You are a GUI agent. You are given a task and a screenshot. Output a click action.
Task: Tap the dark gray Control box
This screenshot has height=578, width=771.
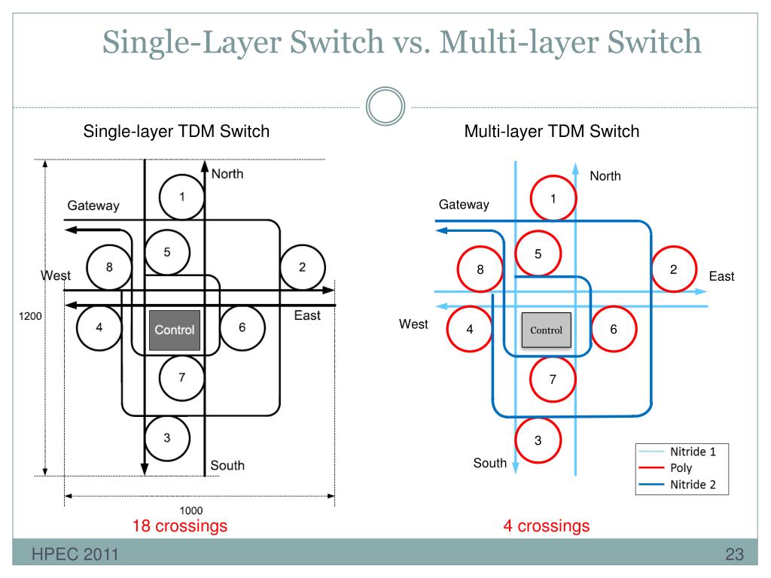(175, 330)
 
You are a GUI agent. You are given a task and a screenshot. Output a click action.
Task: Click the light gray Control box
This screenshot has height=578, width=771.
(547, 330)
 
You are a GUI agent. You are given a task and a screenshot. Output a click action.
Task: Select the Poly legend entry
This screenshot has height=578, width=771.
(666, 468)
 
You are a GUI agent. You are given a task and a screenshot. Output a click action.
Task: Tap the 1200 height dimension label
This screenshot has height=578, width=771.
(30, 316)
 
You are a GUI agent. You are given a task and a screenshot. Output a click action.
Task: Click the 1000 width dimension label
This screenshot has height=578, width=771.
(190, 511)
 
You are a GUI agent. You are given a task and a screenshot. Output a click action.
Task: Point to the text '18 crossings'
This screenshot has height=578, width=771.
(180, 526)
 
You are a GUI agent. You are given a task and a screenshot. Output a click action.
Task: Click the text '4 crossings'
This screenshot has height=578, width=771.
(547, 526)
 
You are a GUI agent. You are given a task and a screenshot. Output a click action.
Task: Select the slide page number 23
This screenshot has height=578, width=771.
(735, 555)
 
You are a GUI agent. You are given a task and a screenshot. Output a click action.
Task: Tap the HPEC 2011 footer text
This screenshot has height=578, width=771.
(75, 555)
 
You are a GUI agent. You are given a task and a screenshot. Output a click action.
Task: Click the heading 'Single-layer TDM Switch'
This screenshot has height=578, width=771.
(176, 131)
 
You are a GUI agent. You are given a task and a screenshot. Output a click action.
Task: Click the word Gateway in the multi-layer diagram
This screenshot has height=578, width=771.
(464, 205)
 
